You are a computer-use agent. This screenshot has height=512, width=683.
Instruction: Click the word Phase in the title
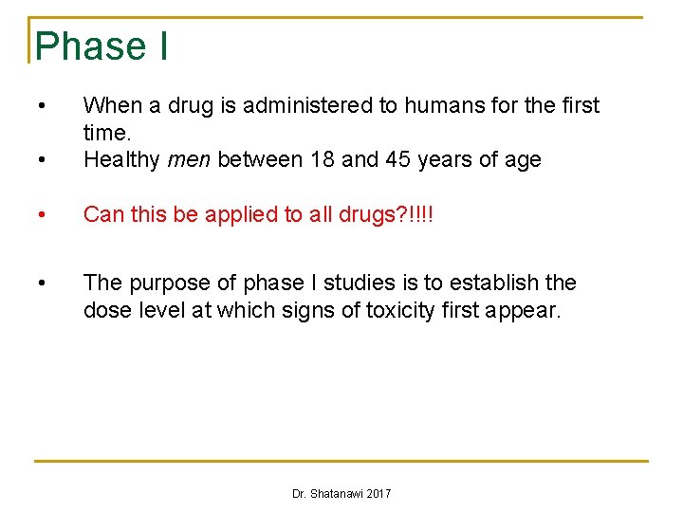[x=90, y=46]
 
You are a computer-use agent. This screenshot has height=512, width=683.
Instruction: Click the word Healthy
[x=121, y=159]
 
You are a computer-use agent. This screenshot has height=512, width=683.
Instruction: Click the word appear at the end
[x=526, y=309]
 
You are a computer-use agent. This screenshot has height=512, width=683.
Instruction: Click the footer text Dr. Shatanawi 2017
[x=341, y=494]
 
